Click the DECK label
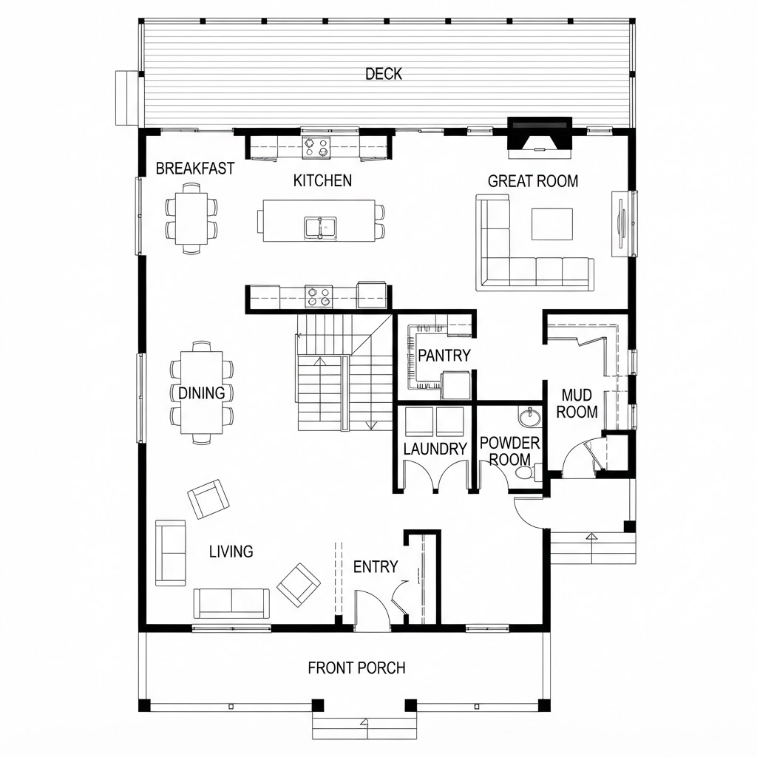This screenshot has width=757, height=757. tap(384, 74)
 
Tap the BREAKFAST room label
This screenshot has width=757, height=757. tap(195, 169)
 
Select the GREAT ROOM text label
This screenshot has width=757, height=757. tap(533, 181)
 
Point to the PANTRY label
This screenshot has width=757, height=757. tap(444, 356)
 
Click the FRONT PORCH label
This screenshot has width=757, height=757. tap(357, 668)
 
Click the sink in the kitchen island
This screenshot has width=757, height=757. tap(320, 228)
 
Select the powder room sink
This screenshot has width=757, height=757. tap(530, 416)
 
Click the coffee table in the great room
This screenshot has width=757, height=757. tap(552, 224)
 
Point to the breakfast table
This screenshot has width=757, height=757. tap(191, 218)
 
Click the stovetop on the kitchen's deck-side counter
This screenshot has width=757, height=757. tap(316, 147)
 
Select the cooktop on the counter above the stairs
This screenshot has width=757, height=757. tap(319, 296)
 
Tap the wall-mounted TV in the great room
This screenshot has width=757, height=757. tap(621, 224)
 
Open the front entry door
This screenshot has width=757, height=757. tap(373, 609)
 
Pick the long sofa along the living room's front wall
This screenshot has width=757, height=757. tap(231, 603)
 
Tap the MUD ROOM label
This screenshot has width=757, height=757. tap(577, 404)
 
